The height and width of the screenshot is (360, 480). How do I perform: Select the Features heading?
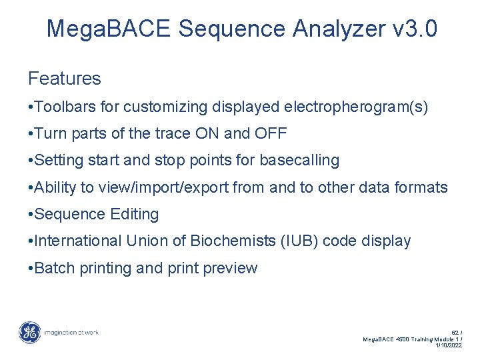[x=65, y=79]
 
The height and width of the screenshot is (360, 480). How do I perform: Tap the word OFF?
[x=271, y=133]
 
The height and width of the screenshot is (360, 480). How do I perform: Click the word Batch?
[x=54, y=268]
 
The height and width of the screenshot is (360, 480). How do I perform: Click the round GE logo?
[x=29, y=333]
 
